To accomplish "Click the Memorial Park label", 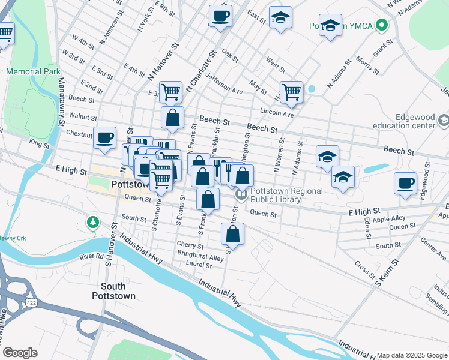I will tap(33, 71).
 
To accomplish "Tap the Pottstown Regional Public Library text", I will tap(286, 196).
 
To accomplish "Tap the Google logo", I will tap(20, 352).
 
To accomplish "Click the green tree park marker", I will tap(92, 223).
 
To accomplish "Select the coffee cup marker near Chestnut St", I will tap(105, 138).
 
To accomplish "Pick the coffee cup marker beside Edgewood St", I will tap(405, 183).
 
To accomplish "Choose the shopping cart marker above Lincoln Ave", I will tap(291, 92).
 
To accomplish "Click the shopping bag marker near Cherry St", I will tap(232, 233).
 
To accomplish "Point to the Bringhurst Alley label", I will tap(200, 258).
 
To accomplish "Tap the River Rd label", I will tap(92, 256).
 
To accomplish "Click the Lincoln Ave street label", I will tap(276, 112).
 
